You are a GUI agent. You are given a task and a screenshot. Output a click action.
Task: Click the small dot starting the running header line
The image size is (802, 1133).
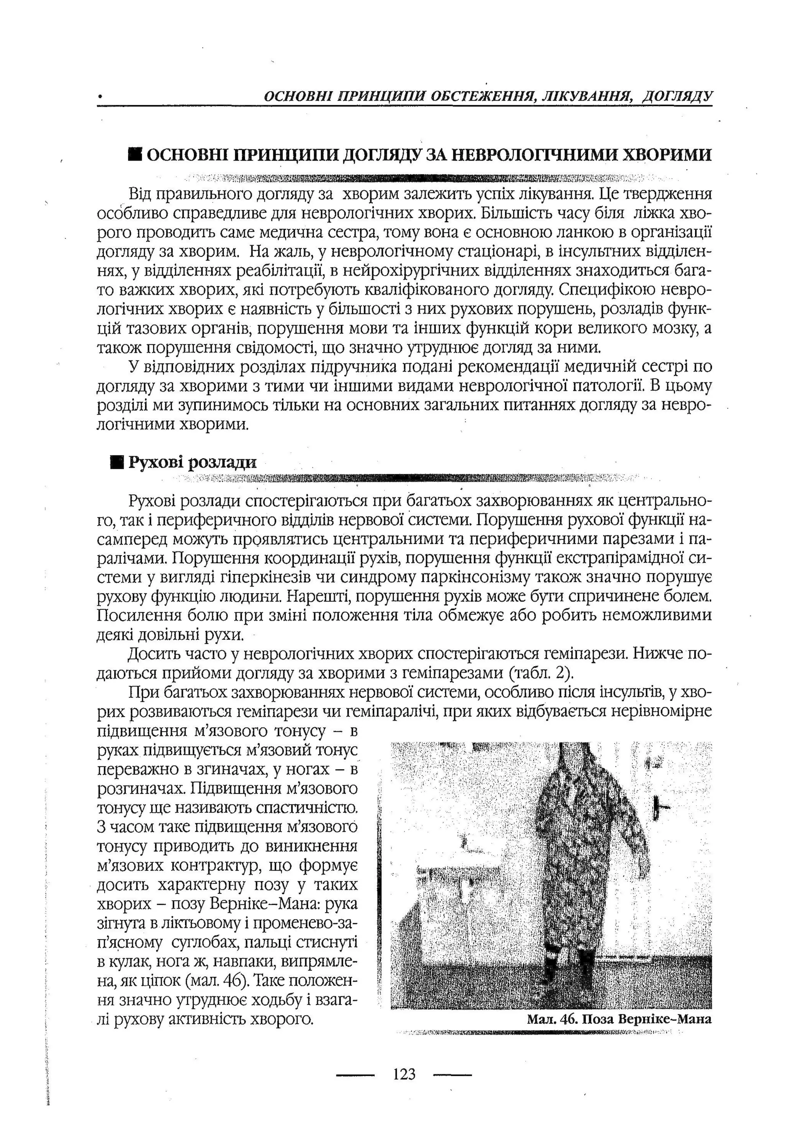100,97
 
